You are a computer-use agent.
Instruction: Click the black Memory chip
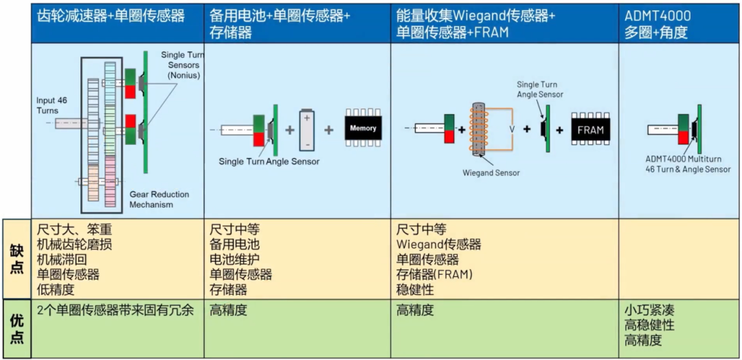[x=363, y=128]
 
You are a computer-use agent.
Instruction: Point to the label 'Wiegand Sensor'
[x=491, y=173]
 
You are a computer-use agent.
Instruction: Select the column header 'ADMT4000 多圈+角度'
[x=657, y=23]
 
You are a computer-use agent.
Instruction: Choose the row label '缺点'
[x=16, y=258]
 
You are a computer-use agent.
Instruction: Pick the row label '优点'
[x=16, y=328]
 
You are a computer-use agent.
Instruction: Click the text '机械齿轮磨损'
[x=74, y=244]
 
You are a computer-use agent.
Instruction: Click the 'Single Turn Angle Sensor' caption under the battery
[x=269, y=161]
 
